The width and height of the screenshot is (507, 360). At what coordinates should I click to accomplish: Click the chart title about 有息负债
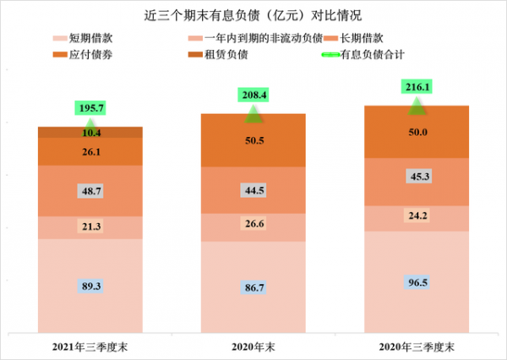point(253,15)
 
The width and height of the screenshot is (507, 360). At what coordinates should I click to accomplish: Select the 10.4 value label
point(90,133)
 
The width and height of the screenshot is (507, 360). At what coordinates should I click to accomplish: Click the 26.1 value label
point(90,152)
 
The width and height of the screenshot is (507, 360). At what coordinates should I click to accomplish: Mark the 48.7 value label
point(90,192)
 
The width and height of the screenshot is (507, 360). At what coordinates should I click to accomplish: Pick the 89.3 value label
point(90,286)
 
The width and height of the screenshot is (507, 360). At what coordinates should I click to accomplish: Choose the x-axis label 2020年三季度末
point(417,347)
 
